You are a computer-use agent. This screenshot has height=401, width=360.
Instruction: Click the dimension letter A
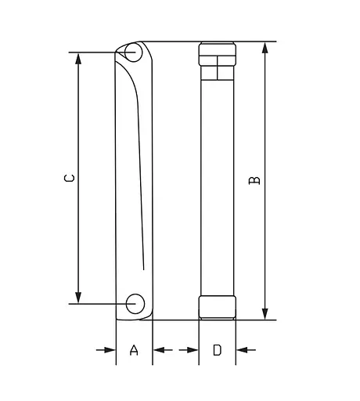point(134,351)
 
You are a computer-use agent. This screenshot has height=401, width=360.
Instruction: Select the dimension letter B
point(254,181)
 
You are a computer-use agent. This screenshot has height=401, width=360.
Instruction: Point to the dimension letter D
point(218,351)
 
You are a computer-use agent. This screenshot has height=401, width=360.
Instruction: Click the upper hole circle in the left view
point(133,52)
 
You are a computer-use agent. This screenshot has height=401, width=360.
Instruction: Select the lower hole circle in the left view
point(135,302)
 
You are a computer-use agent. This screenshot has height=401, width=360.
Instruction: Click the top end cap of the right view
point(218,54)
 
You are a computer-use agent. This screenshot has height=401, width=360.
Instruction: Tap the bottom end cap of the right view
point(218,307)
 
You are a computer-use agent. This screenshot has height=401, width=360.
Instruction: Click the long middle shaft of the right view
point(218,180)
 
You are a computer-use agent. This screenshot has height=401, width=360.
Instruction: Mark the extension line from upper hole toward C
point(98,52)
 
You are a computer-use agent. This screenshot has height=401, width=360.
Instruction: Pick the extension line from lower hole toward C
point(98,302)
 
